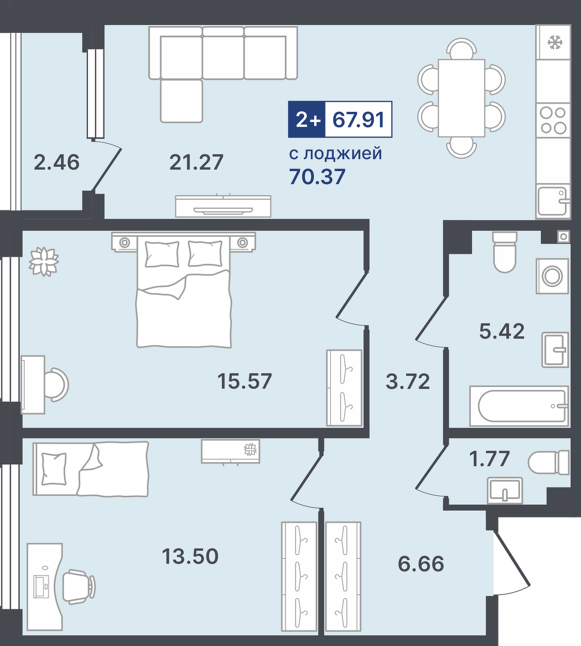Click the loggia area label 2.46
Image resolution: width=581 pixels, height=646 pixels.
coord(56,162)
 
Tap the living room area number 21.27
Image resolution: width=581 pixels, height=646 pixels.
coord(196,162)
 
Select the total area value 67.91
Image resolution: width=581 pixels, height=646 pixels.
coord(358,120)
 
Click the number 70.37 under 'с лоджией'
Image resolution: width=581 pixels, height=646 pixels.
coord(317,176)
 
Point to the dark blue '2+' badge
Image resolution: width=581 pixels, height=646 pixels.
coord(307,120)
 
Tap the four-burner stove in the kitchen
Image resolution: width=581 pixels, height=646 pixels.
coord(553,120)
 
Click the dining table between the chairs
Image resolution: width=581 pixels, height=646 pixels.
coord(461,98)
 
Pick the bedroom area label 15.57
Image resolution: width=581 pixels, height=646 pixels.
coord(244,381)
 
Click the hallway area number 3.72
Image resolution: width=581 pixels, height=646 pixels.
coord(407,381)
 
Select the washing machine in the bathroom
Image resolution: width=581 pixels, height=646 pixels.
coord(552,276)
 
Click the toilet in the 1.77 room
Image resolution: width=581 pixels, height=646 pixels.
coord(550,462)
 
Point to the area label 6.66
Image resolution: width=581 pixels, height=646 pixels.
coord(421,563)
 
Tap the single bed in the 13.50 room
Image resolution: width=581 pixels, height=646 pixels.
coord(91,469)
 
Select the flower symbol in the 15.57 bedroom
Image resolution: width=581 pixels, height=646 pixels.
coord(44,261)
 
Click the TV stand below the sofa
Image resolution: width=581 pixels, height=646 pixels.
coord(223,206)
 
